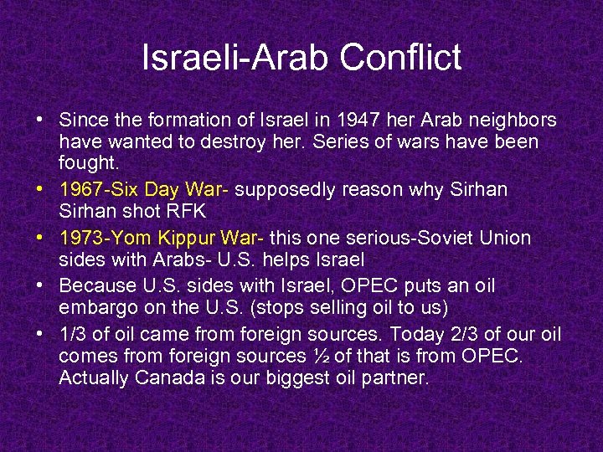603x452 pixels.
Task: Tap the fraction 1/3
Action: click(73, 335)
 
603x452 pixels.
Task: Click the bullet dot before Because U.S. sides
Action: click(40, 286)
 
